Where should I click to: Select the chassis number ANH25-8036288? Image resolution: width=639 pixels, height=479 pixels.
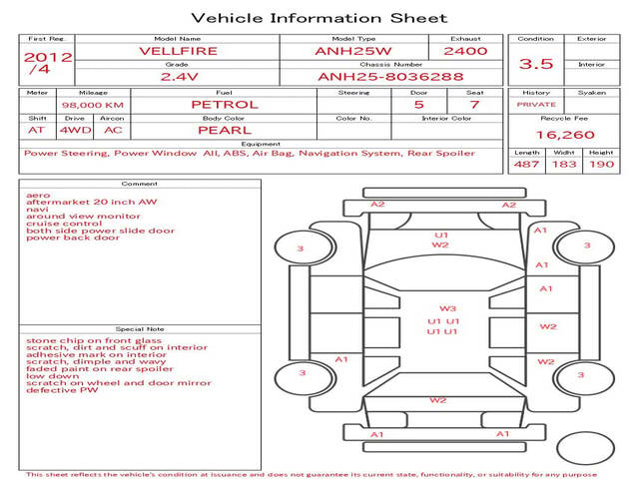[x=376, y=76]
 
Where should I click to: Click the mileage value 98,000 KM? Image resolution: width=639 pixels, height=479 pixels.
[x=92, y=104]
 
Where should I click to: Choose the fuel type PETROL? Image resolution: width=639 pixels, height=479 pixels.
[x=224, y=104]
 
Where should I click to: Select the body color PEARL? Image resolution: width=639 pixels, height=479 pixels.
[x=224, y=130]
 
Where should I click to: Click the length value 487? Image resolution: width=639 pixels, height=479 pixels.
[x=526, y=164]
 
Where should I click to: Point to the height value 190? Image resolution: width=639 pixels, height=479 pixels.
[x=601, y=164]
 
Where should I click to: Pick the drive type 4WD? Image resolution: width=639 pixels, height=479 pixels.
[x=72, y=130]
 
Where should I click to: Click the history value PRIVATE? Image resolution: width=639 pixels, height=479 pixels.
[x=536, y=104]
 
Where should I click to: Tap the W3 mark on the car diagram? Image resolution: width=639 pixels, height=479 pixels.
[x=447, y=308]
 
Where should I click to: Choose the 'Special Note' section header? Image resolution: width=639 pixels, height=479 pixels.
[x=139, y=328]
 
